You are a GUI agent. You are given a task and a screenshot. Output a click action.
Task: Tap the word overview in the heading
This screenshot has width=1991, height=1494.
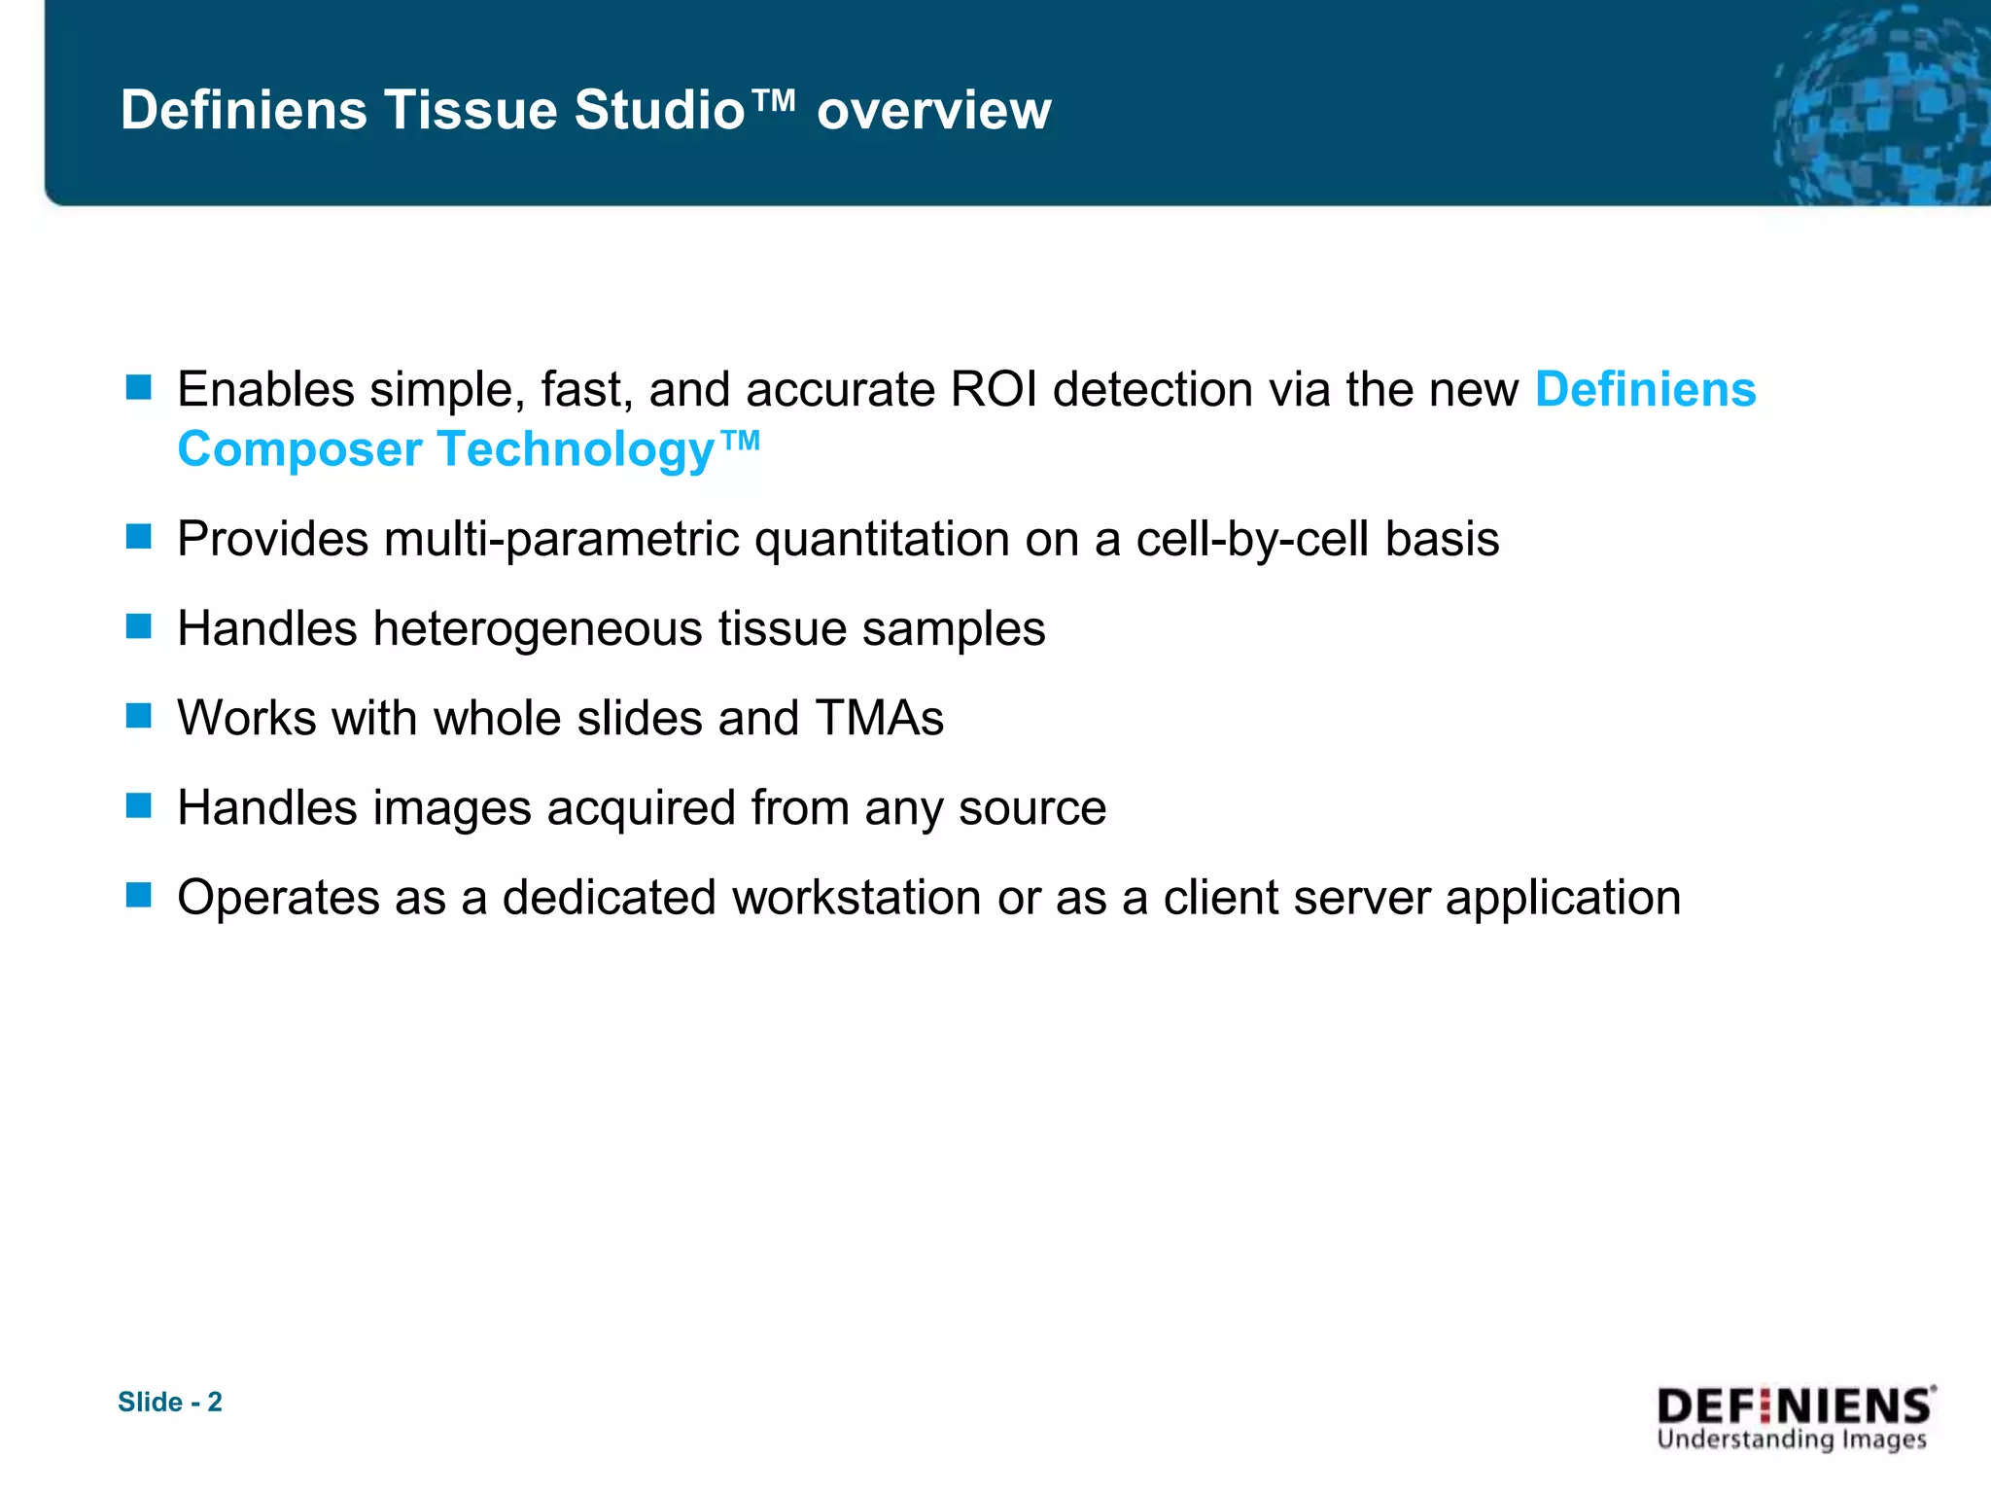[x=933, y=110]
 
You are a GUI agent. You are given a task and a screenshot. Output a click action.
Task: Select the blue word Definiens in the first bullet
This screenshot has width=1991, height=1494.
[x=1645, y=389]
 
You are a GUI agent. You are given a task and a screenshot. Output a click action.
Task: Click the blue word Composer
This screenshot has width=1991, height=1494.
[x=299, y=450]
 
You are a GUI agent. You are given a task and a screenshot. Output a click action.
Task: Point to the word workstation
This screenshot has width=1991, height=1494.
[x=856, y=897]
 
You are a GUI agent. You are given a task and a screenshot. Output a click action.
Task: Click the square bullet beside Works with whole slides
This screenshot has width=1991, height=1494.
[x=139, y=716]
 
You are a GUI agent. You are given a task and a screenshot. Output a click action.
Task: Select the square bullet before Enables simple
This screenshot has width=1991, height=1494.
[x=139, y=388]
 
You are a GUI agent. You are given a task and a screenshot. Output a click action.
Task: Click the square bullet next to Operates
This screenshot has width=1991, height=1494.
[x=139, y=895]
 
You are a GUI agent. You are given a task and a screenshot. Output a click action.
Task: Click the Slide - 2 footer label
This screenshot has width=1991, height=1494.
[x=170, y=1402]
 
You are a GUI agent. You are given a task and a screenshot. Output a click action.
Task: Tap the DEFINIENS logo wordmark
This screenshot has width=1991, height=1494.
[x=1795, y=1406]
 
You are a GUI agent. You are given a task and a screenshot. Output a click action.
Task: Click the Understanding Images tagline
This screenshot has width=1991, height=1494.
[x=1791, y=1440]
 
